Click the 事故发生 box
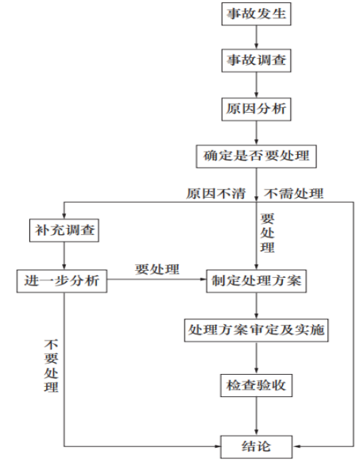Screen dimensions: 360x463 tap(256, 14)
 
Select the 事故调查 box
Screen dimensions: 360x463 tap(256, 60)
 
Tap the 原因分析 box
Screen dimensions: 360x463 tap(256, 110)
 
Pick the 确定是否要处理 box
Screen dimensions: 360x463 tap(256, 156)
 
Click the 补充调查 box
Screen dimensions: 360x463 tap(64, 230)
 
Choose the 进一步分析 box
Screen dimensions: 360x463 tap(62, 281)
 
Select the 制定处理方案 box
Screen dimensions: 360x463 tap(256, 281)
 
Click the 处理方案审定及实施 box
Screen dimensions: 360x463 tap(256, 330)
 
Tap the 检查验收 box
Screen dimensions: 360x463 tap(256, 385)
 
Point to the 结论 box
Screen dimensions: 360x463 tap(256, 446)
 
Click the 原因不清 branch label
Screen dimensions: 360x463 tap(216, 194)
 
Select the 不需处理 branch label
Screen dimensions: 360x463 tap(294, 194)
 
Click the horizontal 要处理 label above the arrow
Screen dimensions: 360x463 tap(157, 269)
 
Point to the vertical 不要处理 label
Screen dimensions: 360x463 tap(51, 365)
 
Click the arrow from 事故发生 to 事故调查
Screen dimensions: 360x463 tap(256, 37)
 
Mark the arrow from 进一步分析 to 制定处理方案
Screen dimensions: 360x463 tap(157, 279)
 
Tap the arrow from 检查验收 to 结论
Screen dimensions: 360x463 tap(256, 416)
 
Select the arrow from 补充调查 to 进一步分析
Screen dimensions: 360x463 tap(64, 256)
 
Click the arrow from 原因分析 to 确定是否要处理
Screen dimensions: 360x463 tap(256, 133)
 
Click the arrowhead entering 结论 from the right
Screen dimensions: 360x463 tap(296, 446)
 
